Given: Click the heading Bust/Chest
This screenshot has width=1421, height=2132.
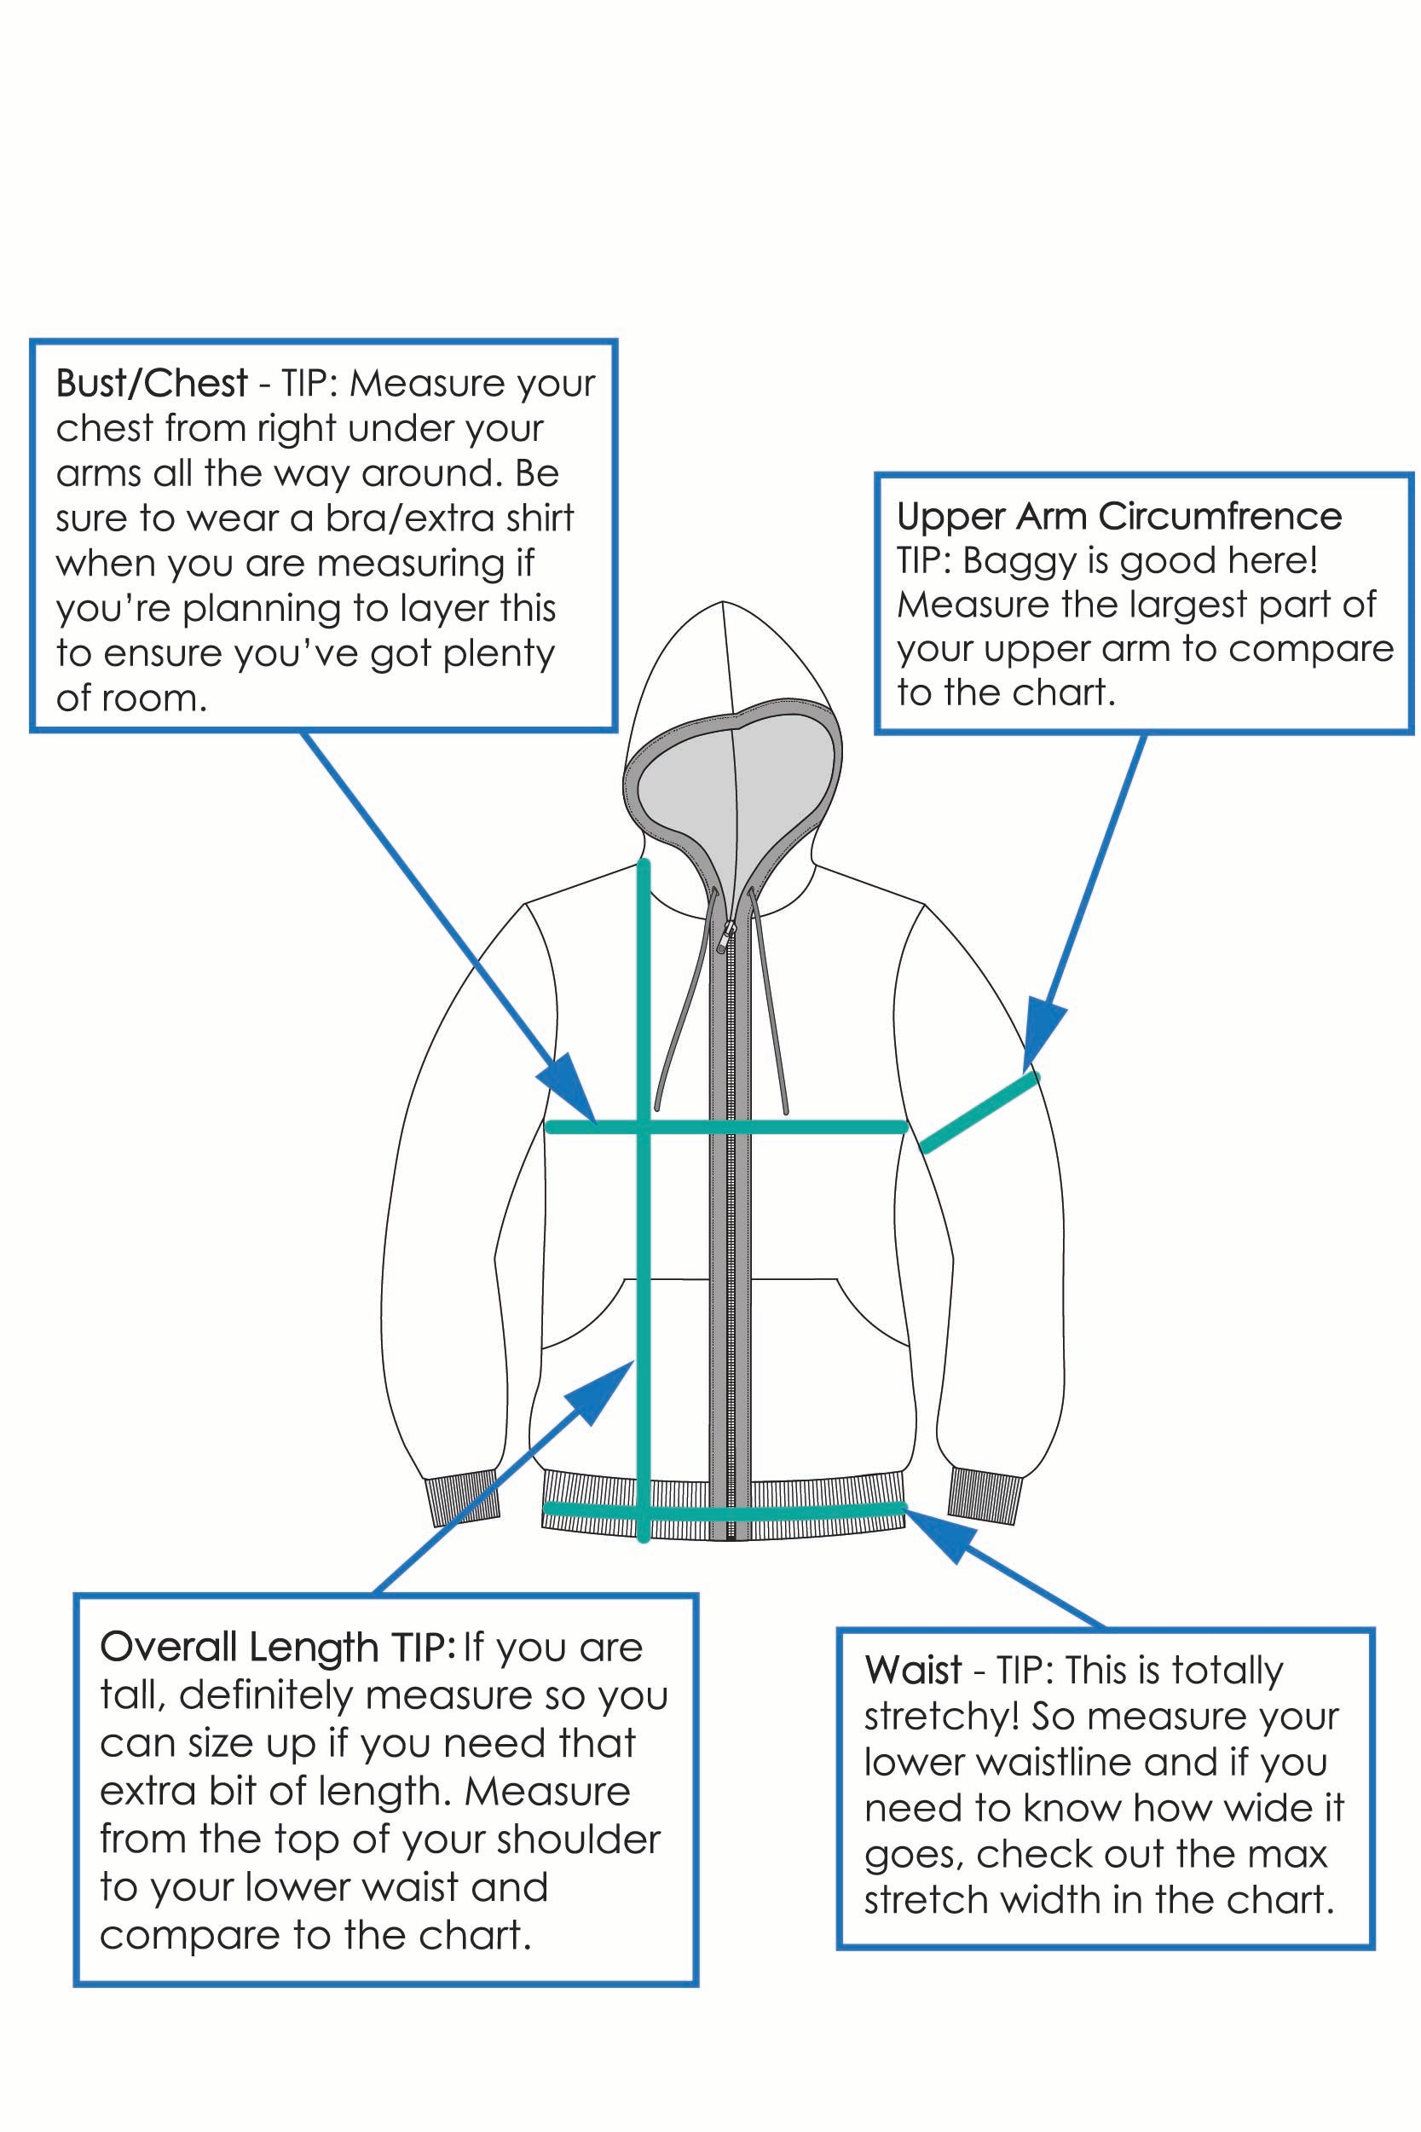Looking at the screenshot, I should tap(152, 384).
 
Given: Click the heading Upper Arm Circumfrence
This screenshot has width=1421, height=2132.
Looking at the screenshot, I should tap(1118, 517).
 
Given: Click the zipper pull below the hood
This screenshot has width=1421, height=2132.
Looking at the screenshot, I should tap(725, 934).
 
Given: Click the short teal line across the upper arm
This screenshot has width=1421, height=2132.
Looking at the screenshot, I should tap(979, 1113).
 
